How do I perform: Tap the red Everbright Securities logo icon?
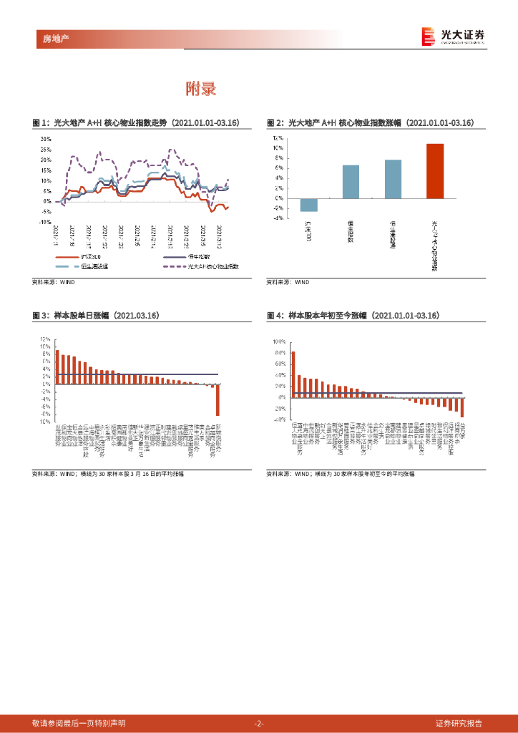click(x=428, y=36)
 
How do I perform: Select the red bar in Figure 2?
click(x=435, y=171)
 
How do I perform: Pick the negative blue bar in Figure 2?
click(x=308, y=205)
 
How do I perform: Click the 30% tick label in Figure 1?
click(x=45, y=139)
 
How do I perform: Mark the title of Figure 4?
click(x=353, y=315)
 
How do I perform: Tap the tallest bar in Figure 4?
click(x=293, y=373)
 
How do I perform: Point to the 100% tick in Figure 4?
click(x=278, y=342)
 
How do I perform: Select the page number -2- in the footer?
click(x=259, y=723)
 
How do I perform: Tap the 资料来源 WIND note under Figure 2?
click(x=288, y=282)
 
